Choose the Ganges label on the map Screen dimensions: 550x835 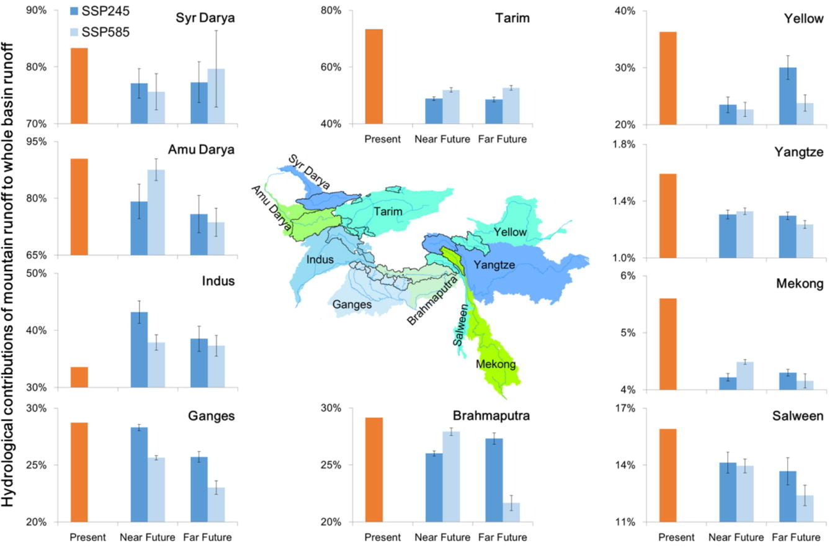[352, 304]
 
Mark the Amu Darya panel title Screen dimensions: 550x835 [201, 150]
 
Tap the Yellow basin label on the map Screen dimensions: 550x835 [510, 232]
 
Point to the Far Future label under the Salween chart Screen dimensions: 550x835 [797, 538]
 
